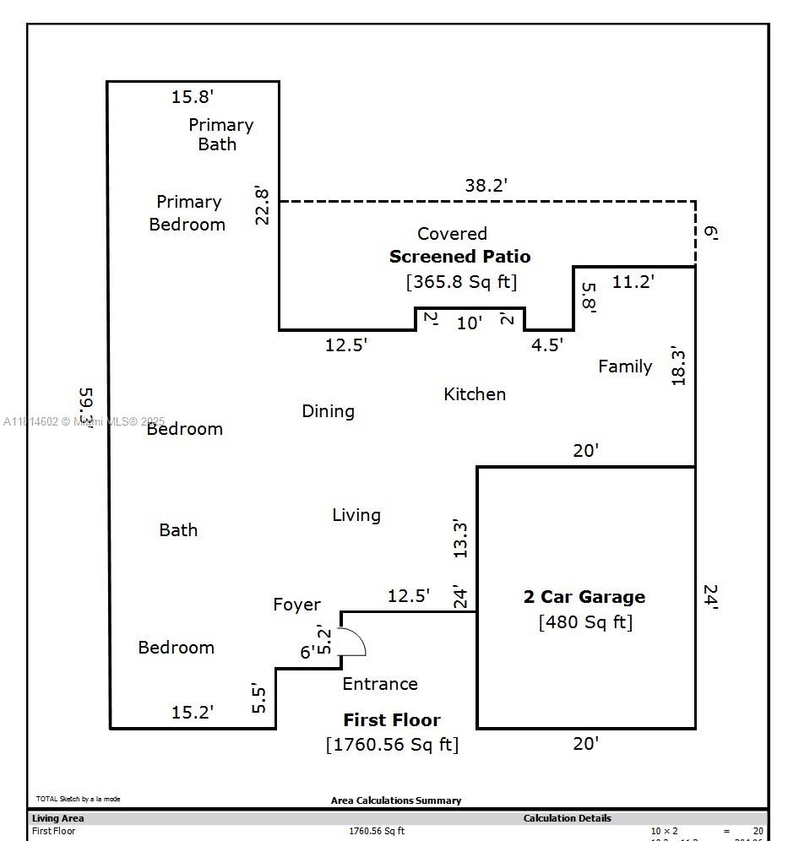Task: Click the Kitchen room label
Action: click(475, 394)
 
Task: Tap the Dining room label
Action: click(328, 411)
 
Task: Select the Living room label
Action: click(356, 515)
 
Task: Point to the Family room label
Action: click(625, 366)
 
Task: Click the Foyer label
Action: click(296, 605)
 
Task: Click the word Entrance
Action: click(380, 684)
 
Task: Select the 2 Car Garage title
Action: click(584, 597)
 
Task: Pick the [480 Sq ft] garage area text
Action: click(585, 622)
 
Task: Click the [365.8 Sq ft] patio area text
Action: click(461, 281)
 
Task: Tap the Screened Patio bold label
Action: click(459, 257)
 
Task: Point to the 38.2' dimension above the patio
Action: click(486, 186)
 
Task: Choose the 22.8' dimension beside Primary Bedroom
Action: click(263, 205)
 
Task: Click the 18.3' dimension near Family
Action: click(678, 365)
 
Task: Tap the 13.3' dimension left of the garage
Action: click(460, 539)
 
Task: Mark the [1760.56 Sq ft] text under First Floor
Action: click(392, 744)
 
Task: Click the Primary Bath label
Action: click(220, 134)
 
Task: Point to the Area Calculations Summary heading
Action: click(396, 800)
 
